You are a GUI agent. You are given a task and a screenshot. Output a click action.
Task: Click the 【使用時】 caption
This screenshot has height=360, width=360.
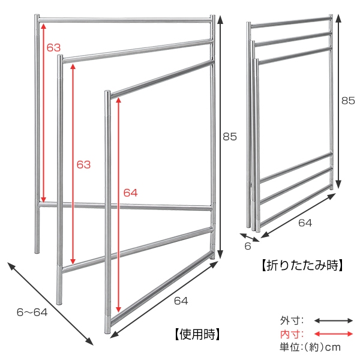pyautogui.click(x=193, y=334)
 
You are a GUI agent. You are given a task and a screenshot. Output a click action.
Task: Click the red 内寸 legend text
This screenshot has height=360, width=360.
pyautogui.click(x=292, y=334)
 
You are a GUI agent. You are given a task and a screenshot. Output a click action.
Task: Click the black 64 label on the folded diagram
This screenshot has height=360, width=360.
pyautogui.click(x=305, y=223)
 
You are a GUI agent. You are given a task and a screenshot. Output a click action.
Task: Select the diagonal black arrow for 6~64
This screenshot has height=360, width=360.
pyautogui.click(x=50, y=303)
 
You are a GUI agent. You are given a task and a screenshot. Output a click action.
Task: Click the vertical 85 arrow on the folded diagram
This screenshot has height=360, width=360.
pyautogui.click(x=339, y=102)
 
